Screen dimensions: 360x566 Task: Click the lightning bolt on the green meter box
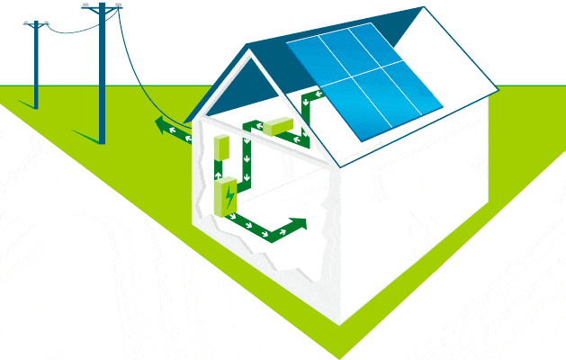click(229, 195)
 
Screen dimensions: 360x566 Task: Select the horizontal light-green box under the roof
click(278, 127)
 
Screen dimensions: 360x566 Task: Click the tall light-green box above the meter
click(222, 148)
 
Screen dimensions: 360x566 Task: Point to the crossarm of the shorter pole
click(36, 25)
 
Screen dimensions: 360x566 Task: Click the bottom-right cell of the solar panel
click(417, 100)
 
